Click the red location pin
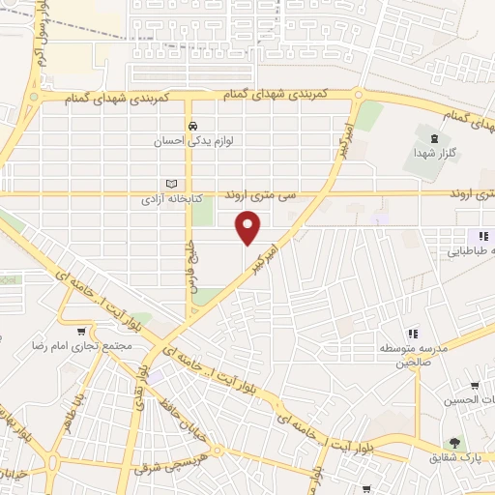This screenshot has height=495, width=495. click(x=248, y=228)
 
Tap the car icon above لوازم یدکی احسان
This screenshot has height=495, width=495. click(x=193, y=127)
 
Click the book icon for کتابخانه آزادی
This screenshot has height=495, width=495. click(x=172, y=184)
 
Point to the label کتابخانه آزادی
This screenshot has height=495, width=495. click(x=172, y=198)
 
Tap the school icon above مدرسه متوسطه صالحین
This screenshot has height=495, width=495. click(x=413, y=334)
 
